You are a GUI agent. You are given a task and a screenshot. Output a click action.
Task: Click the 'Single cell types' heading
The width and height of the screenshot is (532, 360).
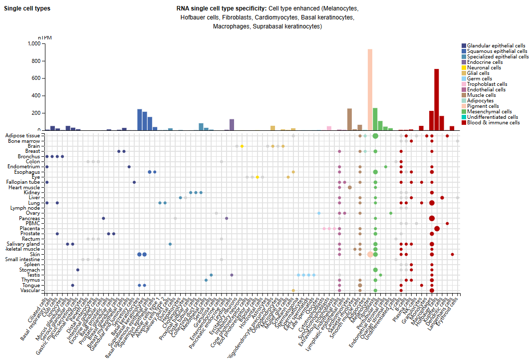[27, 8]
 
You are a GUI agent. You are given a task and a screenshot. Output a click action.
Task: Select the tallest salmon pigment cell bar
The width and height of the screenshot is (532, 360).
[370, 90]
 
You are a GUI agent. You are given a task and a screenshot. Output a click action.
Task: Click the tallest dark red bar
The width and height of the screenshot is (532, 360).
[437, 100]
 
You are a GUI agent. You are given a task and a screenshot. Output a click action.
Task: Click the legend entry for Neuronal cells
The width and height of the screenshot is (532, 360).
[484, 67]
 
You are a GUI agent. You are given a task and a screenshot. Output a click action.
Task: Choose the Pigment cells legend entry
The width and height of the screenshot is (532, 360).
[483, 106]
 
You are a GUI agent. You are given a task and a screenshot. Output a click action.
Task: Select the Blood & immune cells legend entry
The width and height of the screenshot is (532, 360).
[493, 122]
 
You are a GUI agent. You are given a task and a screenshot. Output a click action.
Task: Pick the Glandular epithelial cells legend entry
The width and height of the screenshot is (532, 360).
[496, 45]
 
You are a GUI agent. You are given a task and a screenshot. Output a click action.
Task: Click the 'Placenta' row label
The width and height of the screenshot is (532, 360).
[30, 229]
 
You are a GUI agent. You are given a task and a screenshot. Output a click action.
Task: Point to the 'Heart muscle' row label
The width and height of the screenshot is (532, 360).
[25, 187]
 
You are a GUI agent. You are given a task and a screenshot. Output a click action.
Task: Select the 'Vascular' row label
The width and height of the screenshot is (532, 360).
[30, 291]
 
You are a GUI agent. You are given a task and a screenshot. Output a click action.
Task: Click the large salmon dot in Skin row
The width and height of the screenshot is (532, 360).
[370, 254]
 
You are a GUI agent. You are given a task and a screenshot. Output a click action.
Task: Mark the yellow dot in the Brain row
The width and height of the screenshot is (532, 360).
[242, 146]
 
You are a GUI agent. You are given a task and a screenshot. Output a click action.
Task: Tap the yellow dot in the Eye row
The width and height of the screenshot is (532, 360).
[258, 177]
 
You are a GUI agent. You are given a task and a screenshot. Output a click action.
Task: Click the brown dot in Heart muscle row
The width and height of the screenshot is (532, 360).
[349, 188]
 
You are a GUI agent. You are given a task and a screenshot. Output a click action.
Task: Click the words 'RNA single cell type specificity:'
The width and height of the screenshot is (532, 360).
[222, 9]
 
